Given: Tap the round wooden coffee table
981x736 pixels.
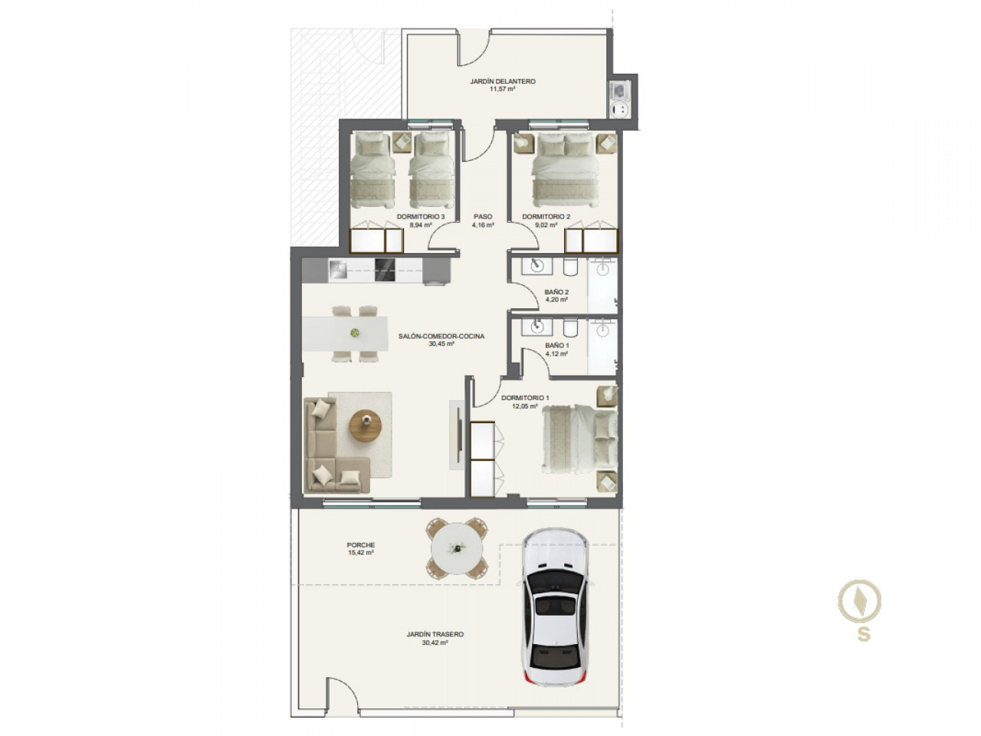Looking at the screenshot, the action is click(365, 425).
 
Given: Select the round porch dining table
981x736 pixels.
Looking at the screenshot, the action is click(456, 548).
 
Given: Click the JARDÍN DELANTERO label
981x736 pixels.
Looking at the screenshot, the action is click(502, 81).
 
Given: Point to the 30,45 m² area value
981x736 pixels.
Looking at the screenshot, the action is click(441, 343).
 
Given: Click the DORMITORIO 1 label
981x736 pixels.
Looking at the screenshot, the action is click(525, 398).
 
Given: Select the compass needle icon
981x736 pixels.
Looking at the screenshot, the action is click(859, 600).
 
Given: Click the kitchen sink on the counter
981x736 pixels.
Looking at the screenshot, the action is click(337, 270).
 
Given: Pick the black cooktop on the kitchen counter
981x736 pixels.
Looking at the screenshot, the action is click(386, 270).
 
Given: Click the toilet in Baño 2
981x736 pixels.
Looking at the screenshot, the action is click(570, 267).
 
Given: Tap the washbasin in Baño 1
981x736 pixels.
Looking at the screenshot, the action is click(536, 327).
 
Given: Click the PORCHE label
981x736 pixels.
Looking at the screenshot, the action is click(361, 545).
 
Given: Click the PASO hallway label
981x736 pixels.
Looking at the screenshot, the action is click(483, 217).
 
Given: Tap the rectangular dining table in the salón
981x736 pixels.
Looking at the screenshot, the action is click(345, 333).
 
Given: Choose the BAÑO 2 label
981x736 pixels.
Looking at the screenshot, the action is click(556, 292).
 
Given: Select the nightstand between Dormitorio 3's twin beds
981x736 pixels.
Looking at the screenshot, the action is click(402, 143).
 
